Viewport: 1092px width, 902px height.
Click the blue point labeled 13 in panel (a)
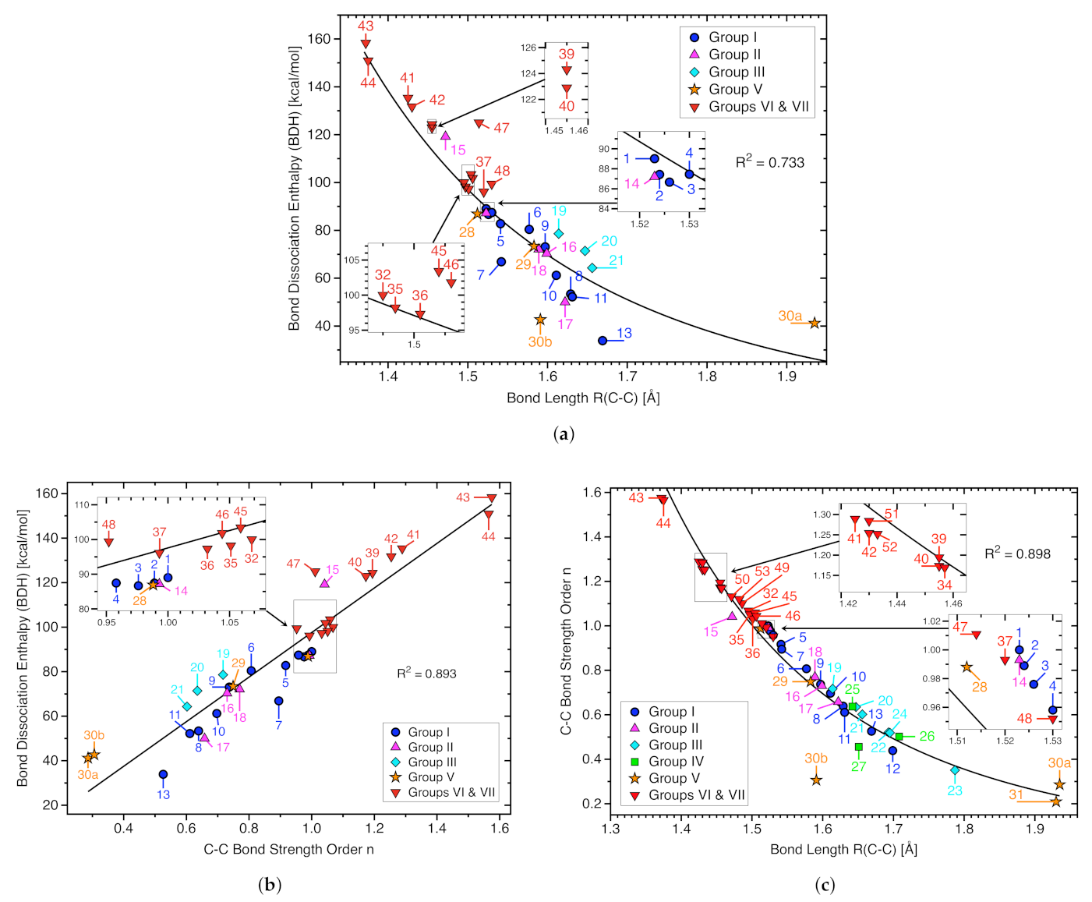pyautogui.click(x=603, y=341)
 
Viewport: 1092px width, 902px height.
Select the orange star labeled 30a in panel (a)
pyautogui.click(x=814, y=324)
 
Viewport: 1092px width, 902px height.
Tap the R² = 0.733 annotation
pyautogui.click(x=769, y=162)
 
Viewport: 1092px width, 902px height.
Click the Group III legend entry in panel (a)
pyautogui.click(x=736, y=73)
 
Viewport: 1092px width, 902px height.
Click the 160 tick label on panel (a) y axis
pyautogui.click(x=320, y=39)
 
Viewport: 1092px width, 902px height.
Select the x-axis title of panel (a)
pyautogui.click(x=583, y=398)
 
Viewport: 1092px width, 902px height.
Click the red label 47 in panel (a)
pyautogui.click(x=501, y=128)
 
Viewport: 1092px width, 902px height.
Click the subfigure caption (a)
pyautogui.click(x=564, y=434)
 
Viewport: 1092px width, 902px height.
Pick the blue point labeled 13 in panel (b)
pyautogui.click(x=163, y=774)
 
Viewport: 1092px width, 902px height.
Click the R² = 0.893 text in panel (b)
pyautogui.click(x=426, y=674)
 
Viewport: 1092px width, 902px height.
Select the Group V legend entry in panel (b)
pyautogui.click(x=430, y=777)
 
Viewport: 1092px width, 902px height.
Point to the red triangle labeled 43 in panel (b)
pyautogui.click(x=491, y=499)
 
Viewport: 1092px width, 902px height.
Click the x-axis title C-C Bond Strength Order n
pyautogui.click(x=288, y=849)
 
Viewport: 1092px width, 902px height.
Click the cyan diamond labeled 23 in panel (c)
pyautogui.click(x=955, y=770)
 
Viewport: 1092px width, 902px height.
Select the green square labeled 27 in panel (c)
pyautogui.click(x=858, y=747)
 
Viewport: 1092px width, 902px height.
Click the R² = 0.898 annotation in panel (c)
pyautogui.click(x=1017, y=554)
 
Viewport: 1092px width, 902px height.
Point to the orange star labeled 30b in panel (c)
pyautogui.click(x=816, y=780)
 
